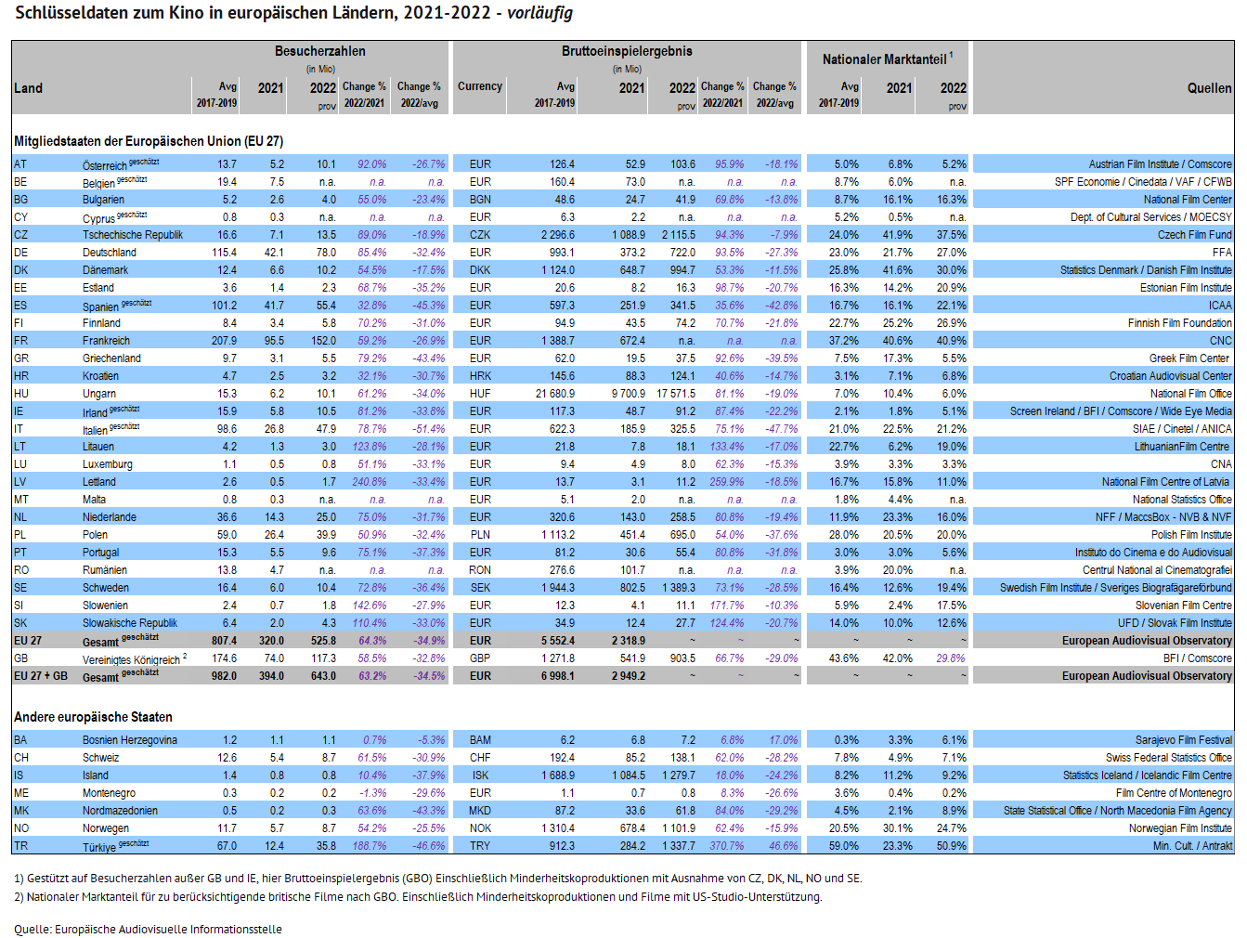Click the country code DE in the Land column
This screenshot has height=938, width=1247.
(20, 253)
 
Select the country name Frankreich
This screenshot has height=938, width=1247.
(106, 341)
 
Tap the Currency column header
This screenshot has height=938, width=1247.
(480, 85)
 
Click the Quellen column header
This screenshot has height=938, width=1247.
(1210, 88)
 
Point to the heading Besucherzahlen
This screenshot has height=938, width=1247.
(319, 51)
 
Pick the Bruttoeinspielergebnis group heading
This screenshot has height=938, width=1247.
(627, 51)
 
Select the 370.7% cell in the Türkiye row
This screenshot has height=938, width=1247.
(727, 846)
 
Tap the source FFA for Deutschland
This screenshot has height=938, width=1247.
(1222, 253)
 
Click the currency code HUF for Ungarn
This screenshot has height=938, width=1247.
(480, 394)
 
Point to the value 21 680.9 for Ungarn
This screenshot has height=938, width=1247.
(555, 394)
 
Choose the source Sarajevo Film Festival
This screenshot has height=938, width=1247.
(1184, 740)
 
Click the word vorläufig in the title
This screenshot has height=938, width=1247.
(539, 12)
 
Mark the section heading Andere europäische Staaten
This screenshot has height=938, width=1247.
(93, 717)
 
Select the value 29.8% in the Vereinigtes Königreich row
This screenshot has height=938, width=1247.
(951, 658)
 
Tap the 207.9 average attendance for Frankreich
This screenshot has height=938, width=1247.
(224, 341)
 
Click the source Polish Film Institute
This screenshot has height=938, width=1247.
(1191, 535)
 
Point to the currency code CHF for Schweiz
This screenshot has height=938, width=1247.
(480, 758)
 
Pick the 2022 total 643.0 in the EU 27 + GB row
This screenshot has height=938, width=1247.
(323, 676)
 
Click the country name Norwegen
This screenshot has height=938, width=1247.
(106, 828)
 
